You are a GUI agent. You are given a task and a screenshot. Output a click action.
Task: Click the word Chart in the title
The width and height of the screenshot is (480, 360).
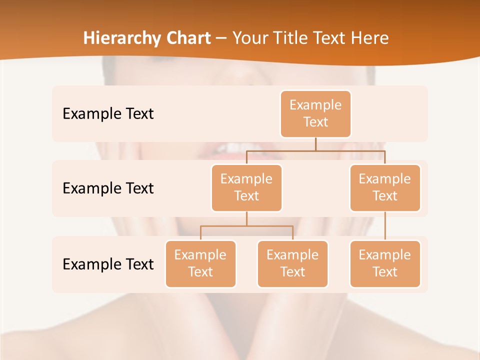188,38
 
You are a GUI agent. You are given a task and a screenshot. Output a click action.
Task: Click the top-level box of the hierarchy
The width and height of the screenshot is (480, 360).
315,113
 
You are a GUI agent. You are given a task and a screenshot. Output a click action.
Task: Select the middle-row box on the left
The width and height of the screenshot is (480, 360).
246,187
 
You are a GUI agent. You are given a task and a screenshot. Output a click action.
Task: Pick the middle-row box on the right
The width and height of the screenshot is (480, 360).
385,187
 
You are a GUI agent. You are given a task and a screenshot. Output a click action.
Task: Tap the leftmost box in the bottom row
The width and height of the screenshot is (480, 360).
200,263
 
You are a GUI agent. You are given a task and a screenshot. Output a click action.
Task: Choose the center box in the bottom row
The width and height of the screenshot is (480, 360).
292,263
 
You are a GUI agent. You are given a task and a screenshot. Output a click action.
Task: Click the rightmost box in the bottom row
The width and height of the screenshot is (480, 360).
385,263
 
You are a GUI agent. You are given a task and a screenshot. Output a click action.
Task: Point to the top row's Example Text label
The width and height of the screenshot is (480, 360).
108,114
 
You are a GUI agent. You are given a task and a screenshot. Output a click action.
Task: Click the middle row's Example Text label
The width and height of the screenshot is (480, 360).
108,188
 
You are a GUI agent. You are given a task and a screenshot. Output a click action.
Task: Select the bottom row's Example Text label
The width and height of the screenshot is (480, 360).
108,264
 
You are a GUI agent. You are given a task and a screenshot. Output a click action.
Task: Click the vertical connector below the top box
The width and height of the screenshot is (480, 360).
315,144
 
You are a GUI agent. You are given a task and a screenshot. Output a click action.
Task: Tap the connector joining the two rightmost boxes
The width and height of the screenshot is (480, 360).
385,226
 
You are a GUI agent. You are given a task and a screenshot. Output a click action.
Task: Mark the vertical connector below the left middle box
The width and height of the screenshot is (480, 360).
246,218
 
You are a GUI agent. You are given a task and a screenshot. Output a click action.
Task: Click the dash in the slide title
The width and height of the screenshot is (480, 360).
221,38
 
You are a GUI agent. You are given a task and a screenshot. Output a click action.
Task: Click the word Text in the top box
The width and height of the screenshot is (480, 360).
315,122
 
